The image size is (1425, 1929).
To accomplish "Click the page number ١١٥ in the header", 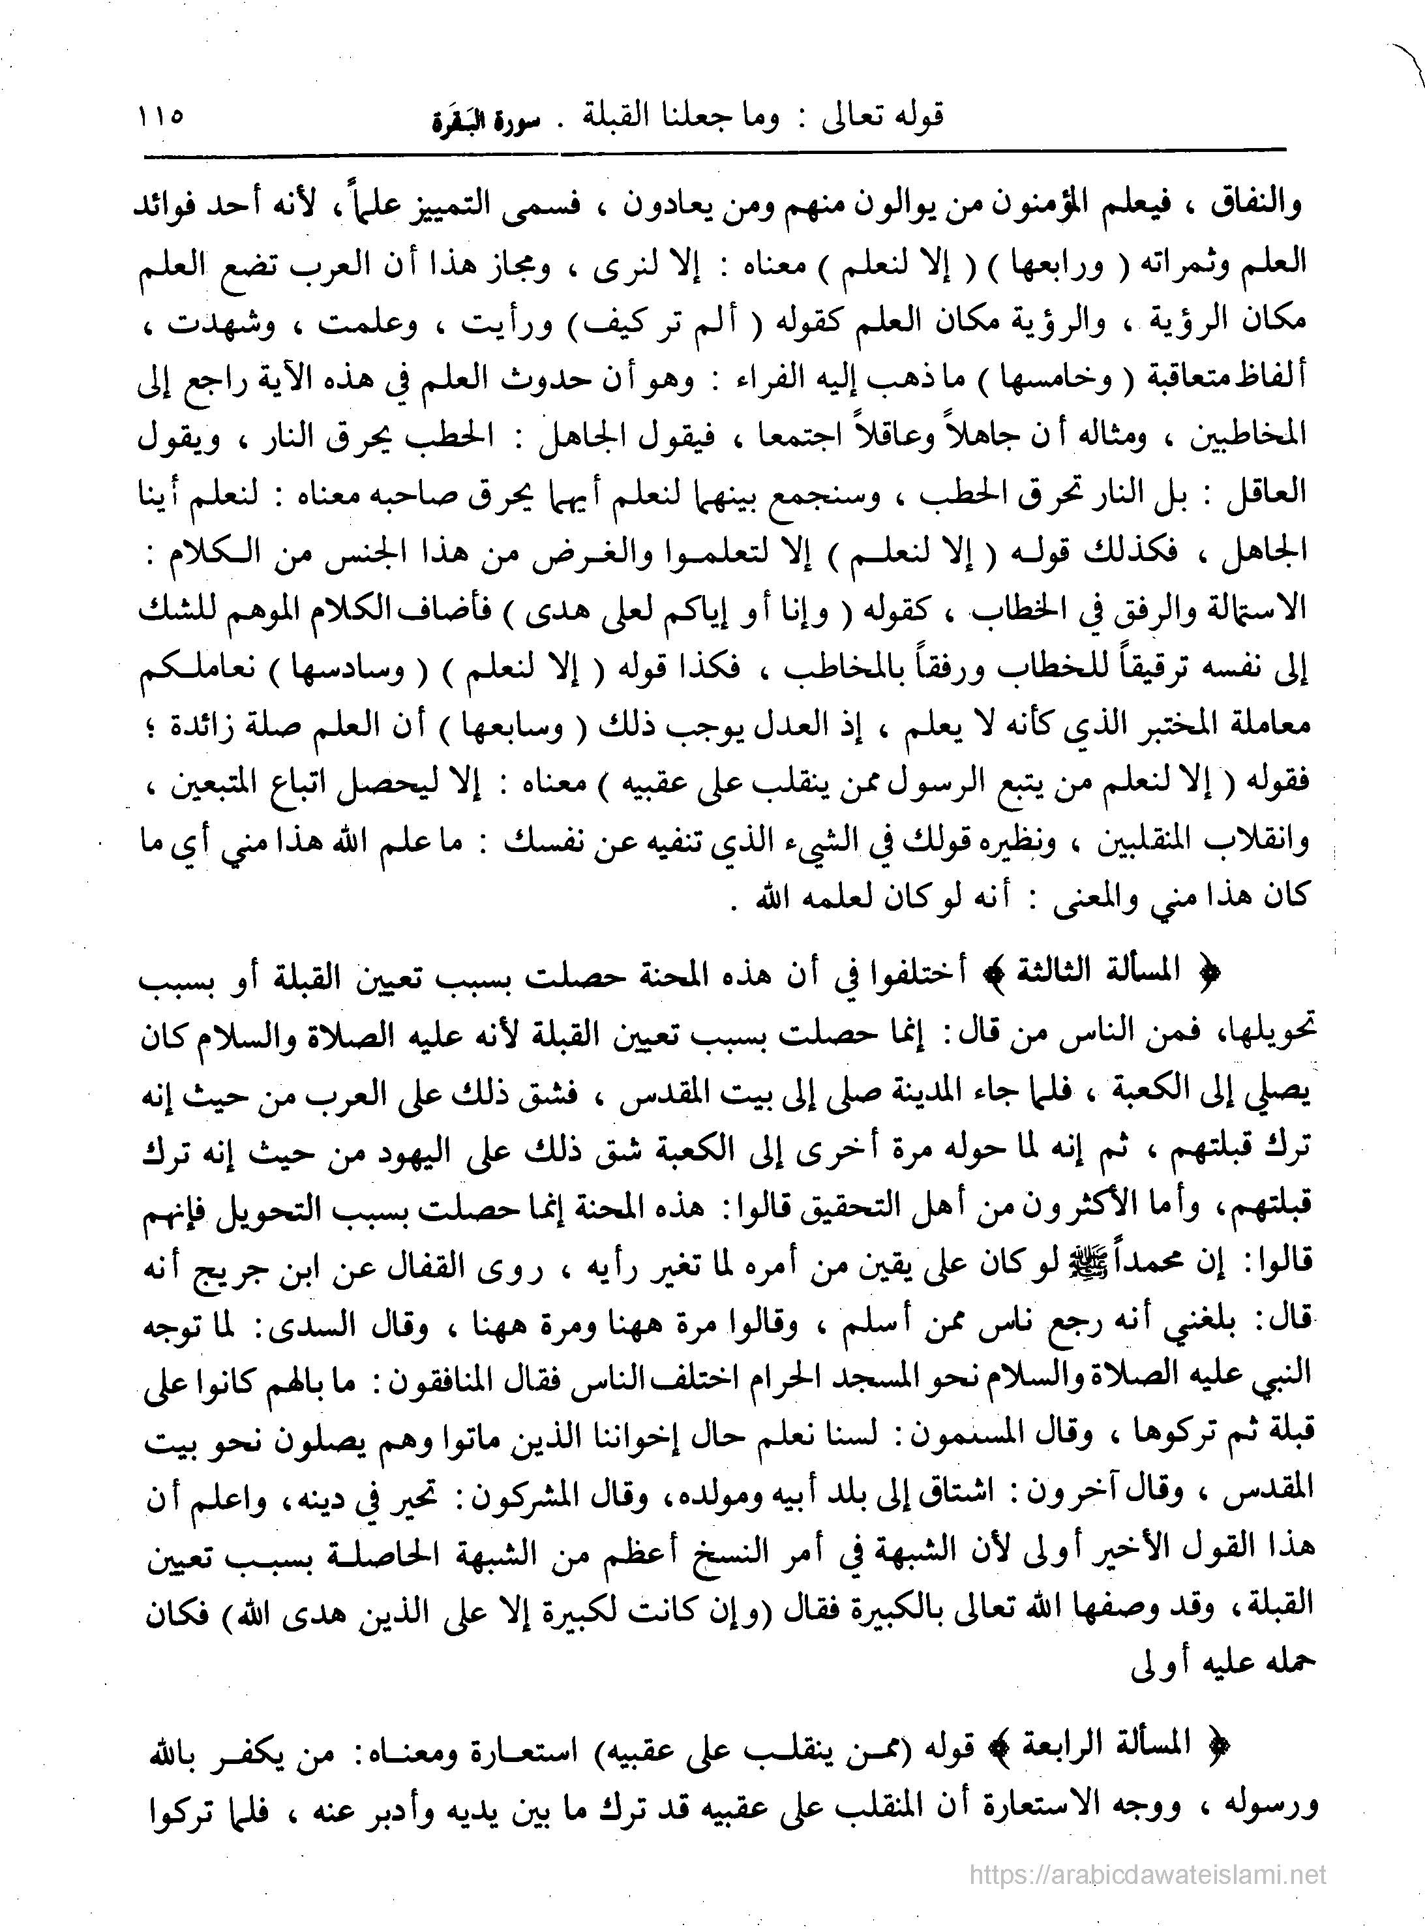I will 160,115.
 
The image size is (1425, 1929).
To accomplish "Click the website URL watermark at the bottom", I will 1147,1873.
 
